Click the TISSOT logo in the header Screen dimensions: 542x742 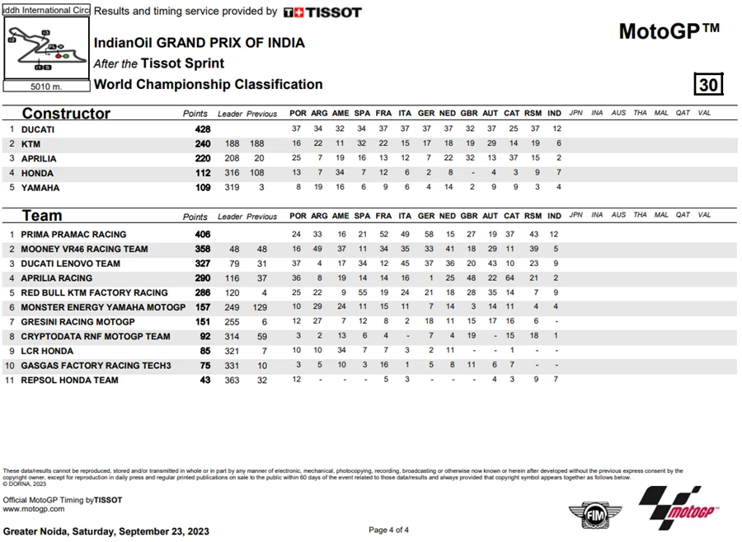[x=322, y=12]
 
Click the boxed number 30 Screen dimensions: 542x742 [x=709, y=85]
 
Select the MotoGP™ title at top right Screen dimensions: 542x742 [x=669, y=31]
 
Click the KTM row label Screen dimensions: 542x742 [x=31, y=144]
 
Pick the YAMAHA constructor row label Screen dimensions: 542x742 [x=40, y=188]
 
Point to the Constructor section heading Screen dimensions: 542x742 [x=66, y=114]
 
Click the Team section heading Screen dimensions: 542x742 [x=42, y=216]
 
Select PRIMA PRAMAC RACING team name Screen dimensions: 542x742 [x=73, y=235]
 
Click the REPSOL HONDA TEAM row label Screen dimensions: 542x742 [x=69, y=380]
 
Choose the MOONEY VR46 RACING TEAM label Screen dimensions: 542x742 [x=84, y=249]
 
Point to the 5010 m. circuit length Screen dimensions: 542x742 [x=46, y=86]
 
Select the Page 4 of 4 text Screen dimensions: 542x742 [x=388, y=530]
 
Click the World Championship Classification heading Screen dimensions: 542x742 [x=208, y=84]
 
